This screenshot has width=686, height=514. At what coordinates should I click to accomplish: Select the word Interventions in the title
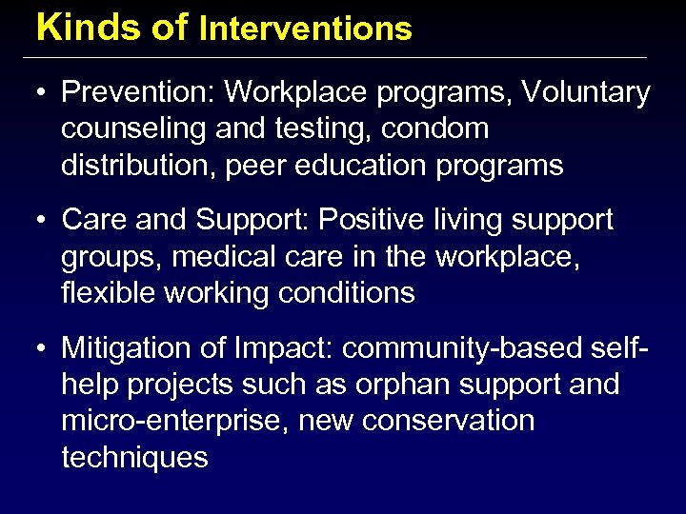pos(305,29)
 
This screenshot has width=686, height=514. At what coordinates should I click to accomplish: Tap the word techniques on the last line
pos(134,457)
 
